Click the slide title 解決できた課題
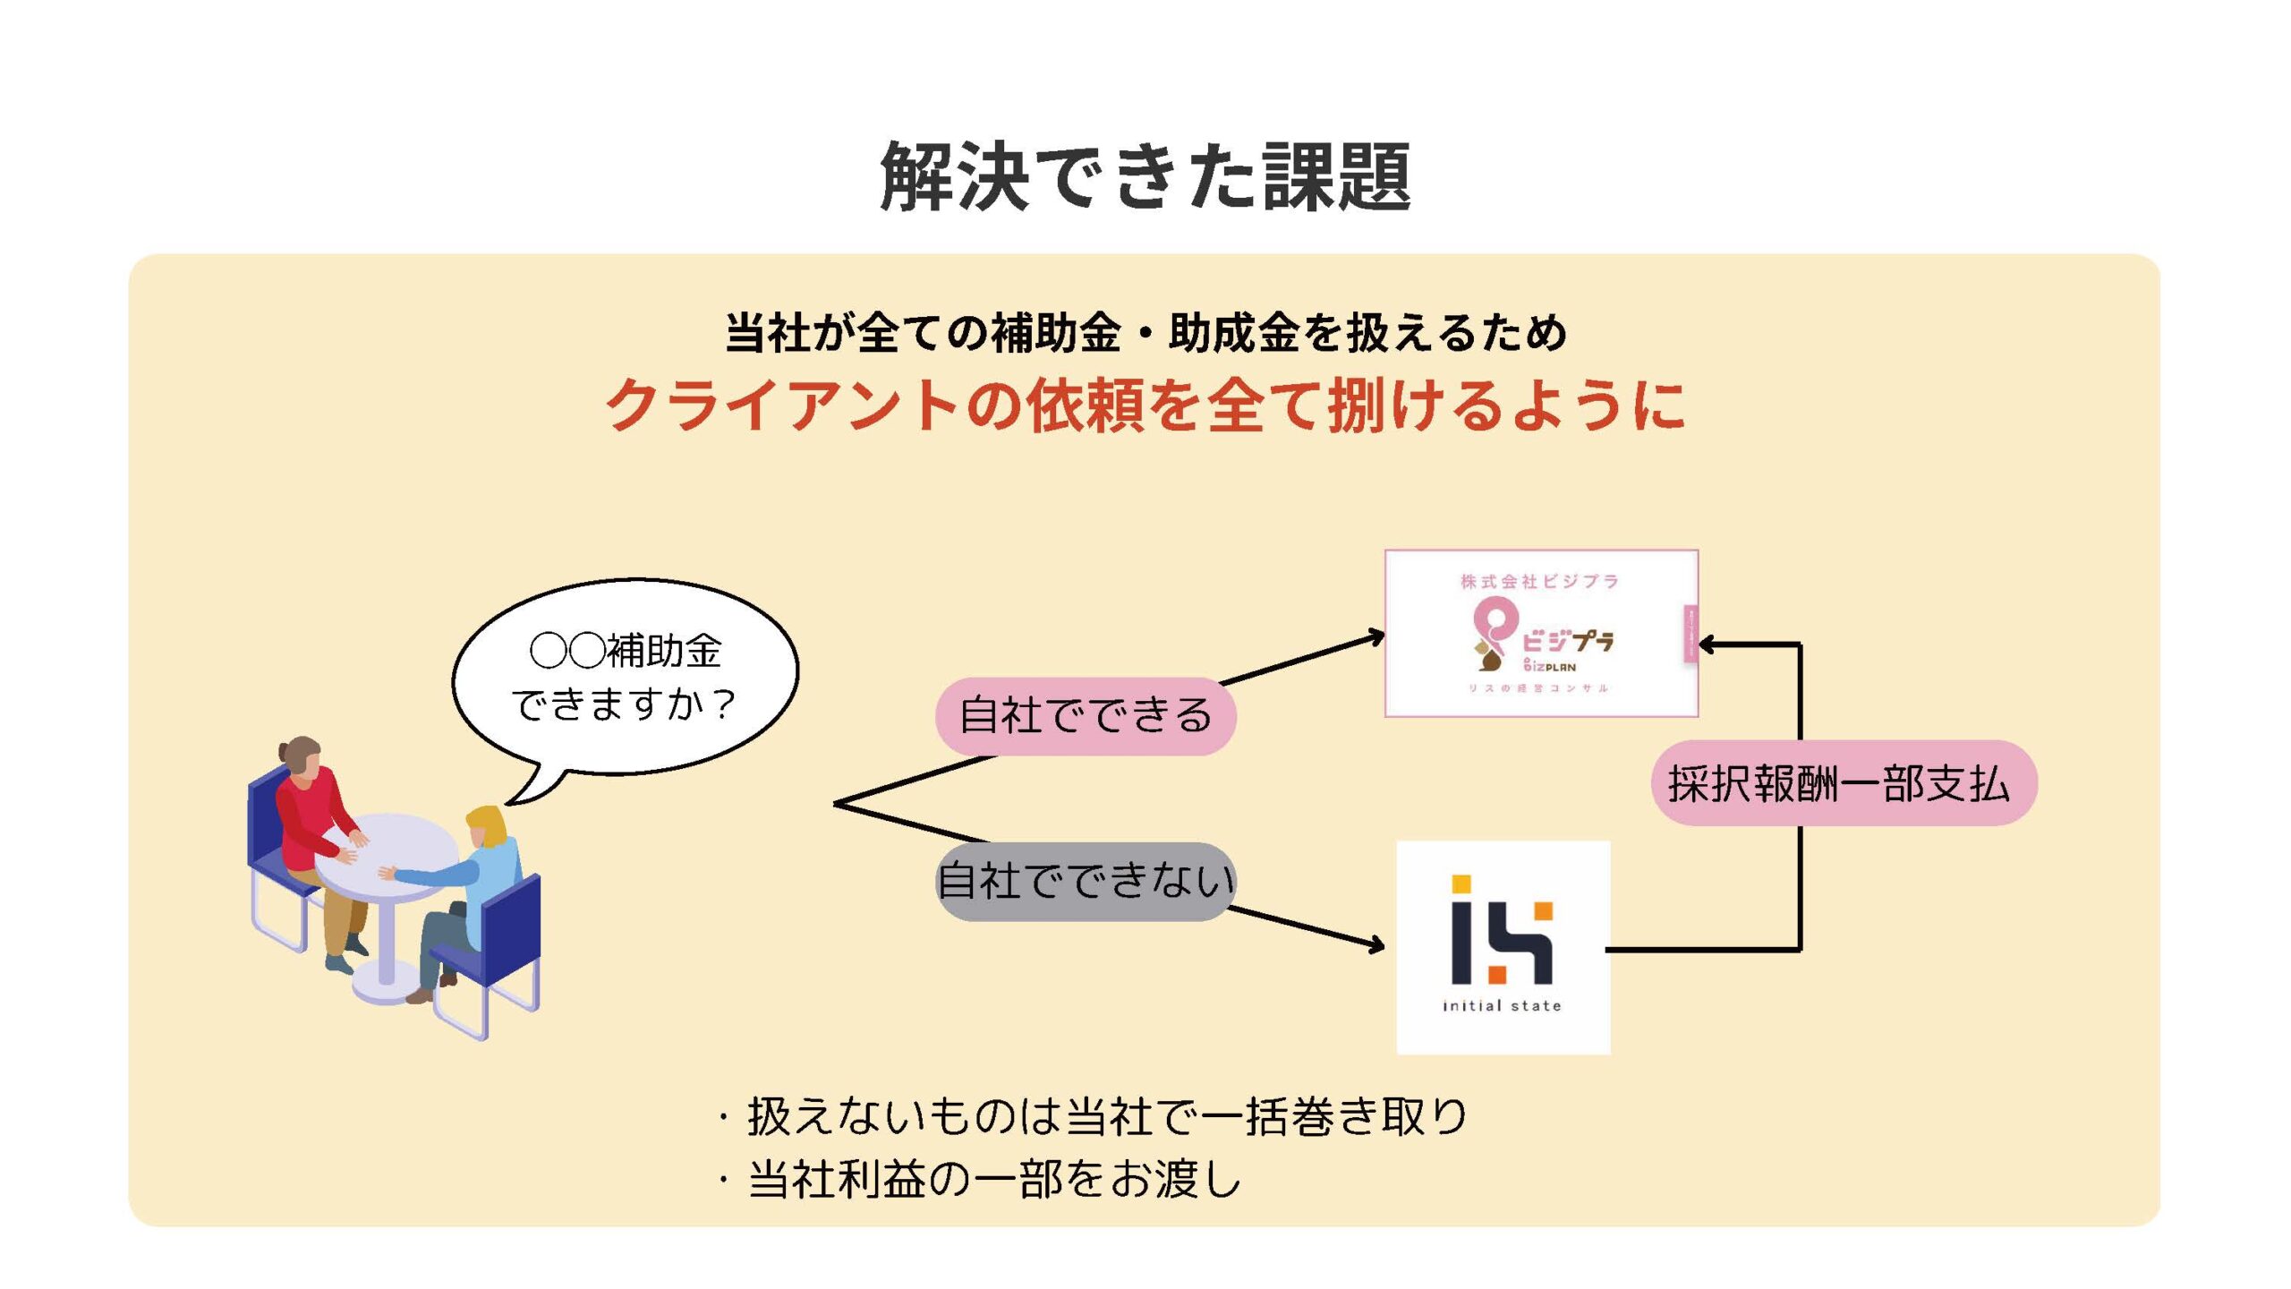pos(1145,176)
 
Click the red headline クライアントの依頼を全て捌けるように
pos(1145,405)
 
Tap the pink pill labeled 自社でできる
pos(1085,716)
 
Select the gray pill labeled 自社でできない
pos(1085,881)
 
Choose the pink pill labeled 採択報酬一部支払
pos(1843,783)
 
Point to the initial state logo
pos(1503,946)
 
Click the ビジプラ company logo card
pos(1540,633)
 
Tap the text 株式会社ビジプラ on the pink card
pos(1539,582)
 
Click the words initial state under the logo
pos(1502,1006)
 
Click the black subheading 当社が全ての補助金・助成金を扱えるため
pos(1145,333)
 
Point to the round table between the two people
pos(387,850)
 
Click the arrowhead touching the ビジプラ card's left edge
pos(1375,637)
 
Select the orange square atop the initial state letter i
pos(1461,884)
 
